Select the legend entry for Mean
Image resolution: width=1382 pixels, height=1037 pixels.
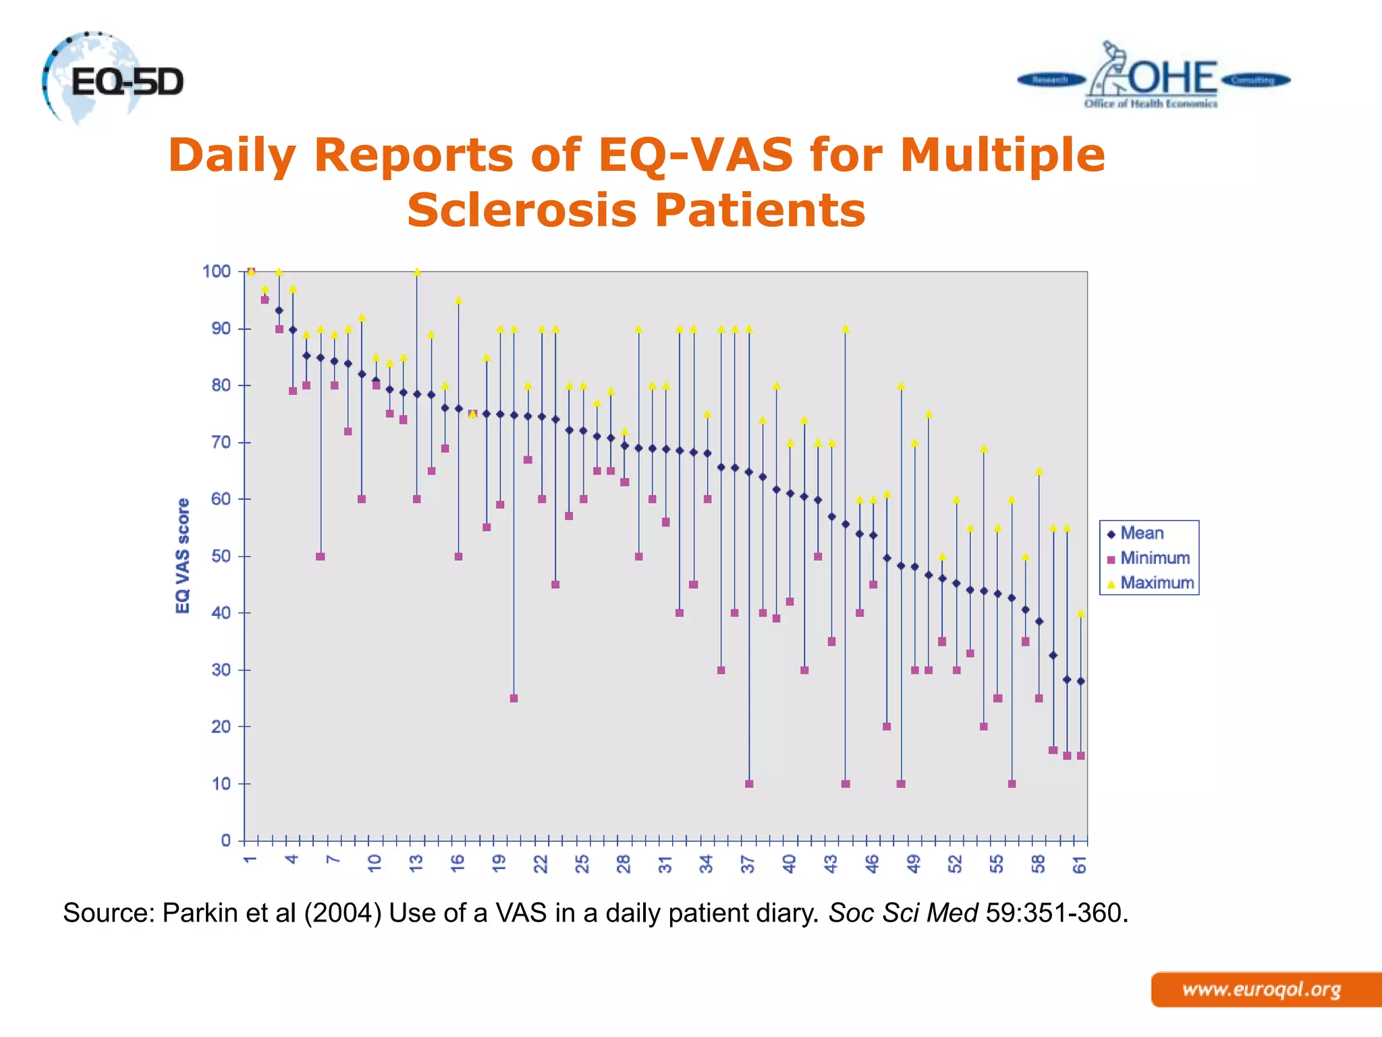1141,533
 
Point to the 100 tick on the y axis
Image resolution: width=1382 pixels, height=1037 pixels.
217,271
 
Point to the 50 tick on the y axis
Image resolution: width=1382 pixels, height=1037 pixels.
221,556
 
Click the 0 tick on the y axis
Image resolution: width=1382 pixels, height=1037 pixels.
226,841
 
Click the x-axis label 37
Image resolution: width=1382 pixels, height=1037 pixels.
748,863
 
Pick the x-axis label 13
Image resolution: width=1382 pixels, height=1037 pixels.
416,863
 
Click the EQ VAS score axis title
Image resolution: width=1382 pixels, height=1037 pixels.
182,556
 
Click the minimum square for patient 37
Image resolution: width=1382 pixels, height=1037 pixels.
749,784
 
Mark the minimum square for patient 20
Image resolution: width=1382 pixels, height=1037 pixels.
514,698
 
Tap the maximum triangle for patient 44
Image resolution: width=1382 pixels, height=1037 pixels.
846,329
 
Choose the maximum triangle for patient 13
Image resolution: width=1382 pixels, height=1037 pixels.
417,272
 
